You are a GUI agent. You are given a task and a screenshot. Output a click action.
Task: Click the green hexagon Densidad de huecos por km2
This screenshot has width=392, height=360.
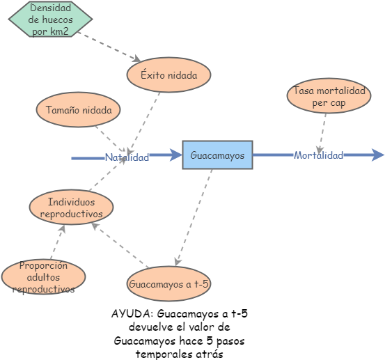pos(50,19)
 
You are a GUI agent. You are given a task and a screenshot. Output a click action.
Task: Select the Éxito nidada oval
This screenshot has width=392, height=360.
pos(168,75)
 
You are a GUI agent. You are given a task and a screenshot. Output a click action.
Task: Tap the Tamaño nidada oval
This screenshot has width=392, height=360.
pos(78,109)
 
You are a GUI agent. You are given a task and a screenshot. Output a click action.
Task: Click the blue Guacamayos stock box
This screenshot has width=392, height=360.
pos(217,155)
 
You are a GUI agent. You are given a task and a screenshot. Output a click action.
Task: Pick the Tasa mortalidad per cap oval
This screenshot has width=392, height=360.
pos(329,95)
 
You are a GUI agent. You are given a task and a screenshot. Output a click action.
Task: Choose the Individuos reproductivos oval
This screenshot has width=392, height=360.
pos(71,207)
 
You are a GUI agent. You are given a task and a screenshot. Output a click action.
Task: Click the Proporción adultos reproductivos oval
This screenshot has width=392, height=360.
pos(43,276)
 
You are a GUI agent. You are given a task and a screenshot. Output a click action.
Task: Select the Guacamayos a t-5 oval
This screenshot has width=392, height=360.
pos(168,283)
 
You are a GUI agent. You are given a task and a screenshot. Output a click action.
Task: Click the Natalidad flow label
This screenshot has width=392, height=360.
pos(127,157)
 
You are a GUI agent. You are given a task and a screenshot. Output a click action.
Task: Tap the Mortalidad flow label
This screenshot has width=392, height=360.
pos(318,155)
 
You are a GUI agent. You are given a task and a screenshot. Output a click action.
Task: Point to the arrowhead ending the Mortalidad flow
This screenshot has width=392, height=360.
pos(377,155)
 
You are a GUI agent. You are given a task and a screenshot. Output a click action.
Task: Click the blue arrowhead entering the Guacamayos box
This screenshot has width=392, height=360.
pos(175,155)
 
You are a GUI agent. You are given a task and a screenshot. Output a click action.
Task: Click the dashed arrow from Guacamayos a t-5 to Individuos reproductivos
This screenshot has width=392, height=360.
pos(120,244)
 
